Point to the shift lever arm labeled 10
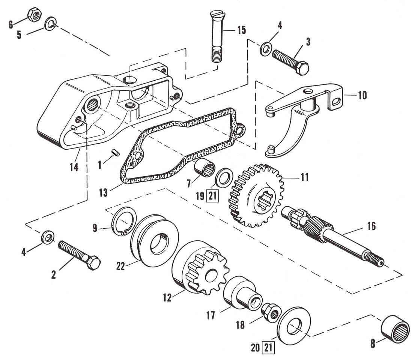coord(300,112)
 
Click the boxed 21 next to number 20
coord(269,348)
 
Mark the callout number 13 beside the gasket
coord(103,193)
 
